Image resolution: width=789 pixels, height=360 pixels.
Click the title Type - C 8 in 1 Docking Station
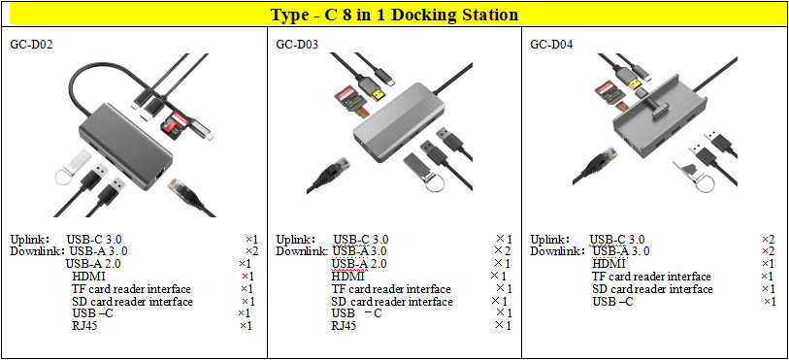pyautogui.click(x=394, y=15)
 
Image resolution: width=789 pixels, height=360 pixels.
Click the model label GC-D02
pyautogui.click(x=32, y=45)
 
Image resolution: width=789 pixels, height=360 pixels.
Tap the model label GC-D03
pyautogui.click(x=297, y=45)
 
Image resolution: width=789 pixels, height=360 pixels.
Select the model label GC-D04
pyautogui.click(x=551, y=45)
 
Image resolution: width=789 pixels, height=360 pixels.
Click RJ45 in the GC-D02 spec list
pyautogui.click(x=84, y=326)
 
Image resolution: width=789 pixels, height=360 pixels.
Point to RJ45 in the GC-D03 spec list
pyautogui.click(x=345, y=326)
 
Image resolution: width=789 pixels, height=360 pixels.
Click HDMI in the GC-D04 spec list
pyautogui.click(x=608, y=264)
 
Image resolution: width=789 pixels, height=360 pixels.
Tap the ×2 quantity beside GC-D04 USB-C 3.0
pyautogui.click(x=769, y=240)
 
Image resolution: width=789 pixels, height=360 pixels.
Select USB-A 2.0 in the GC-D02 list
pyautogui.click(x=93, y=263)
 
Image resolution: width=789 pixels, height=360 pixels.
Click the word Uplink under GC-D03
pyautogui.click(x=296, y=240)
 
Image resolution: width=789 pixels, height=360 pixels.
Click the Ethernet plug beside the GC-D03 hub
pyautogui.click(x=331, y=172)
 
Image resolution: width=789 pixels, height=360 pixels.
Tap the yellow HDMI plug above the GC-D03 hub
pyautogui.click(x=377, y=93)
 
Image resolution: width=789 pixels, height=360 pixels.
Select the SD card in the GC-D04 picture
pyautogui.click(x=607, y=92)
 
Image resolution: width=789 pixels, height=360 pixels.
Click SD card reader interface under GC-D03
pyautogui.click(x=392, y=302)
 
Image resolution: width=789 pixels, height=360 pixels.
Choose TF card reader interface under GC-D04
pyautogui.click(x=651, y=277)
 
